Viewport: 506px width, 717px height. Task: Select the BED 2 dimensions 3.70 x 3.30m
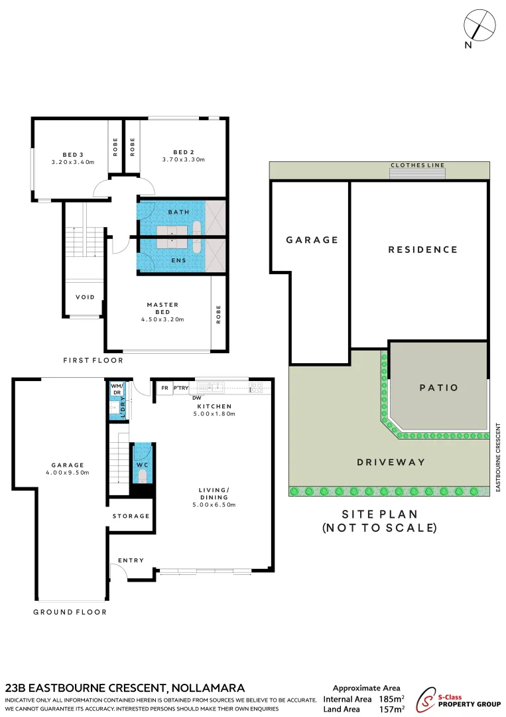(x=183, y=160)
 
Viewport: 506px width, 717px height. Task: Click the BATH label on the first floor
(x=178, y=212)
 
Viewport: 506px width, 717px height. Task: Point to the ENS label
(x=178, y=260)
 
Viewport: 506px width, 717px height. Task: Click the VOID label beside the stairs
(x=85, y=297)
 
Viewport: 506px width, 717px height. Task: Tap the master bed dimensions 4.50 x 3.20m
(x=162, y=319)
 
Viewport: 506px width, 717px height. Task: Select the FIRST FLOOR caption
(x=93, y=360)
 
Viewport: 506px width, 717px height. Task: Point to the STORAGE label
(x=131, y=516)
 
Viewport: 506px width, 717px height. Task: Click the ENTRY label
(x=131, y=560)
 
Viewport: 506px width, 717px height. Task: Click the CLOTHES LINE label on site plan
(x=417, y=165)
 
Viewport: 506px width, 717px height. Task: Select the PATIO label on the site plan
(x=438, y=388)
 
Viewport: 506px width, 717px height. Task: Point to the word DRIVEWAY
(x=391, y=462)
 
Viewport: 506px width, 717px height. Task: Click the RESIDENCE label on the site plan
(x=422, y=250)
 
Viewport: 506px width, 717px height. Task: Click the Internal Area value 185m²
(x=391, y=699)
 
